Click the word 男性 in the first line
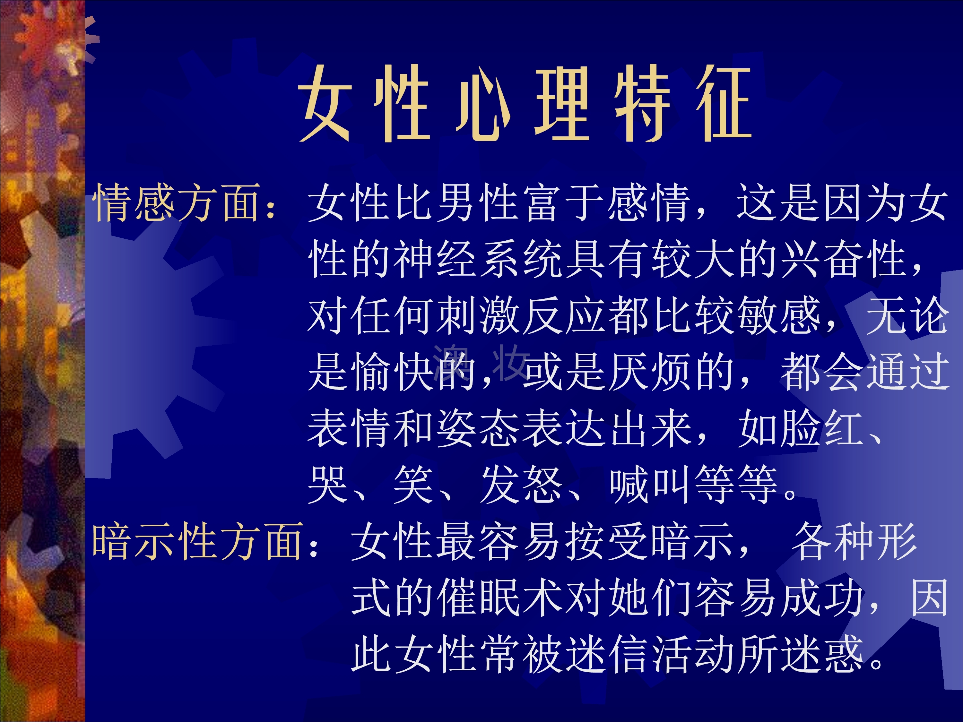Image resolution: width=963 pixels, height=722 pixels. (476, 202)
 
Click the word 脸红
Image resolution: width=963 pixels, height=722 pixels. (821, 429)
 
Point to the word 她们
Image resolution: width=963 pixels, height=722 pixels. (649, 597)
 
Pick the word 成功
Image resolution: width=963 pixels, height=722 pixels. (821, 597)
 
